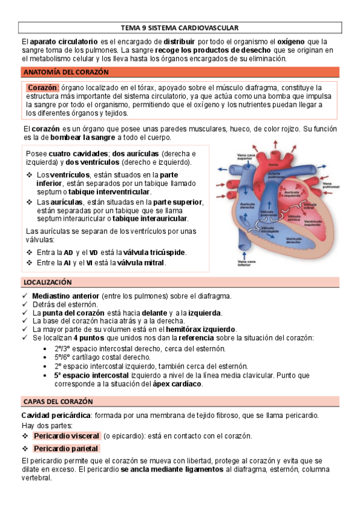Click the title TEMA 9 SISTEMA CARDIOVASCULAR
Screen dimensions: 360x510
(x=180, y=28)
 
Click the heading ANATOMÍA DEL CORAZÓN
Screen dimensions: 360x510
(x=66, y=72)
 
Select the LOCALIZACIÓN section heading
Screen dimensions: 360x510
(x=47, y=282)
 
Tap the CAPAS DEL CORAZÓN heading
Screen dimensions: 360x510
(x=58, y=401)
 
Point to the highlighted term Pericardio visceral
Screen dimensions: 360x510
(x=66, y=435)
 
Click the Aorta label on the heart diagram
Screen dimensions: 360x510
(x=273, y=164)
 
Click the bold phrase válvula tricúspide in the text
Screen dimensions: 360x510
(x=151, y=252)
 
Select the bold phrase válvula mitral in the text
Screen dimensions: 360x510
(x=141, y=263)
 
